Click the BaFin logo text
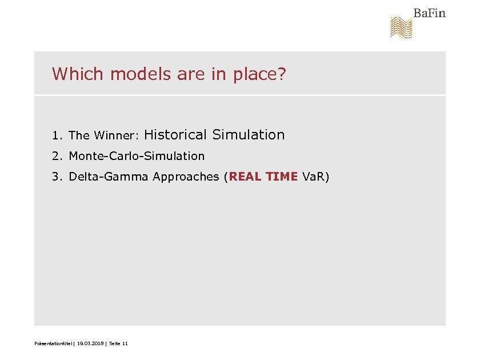[x=429, y=13]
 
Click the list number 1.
[x=56, y=136]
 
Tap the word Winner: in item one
[x=117, y=136]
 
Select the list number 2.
[x=56, y=156]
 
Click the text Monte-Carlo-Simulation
[x=137, y=156]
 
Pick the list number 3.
[x=56, y=177]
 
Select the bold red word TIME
[x=282, y=177]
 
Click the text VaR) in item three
[x=316, y=177]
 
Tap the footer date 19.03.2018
[x=90, y=343]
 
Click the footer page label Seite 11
[x=118, y=343]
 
